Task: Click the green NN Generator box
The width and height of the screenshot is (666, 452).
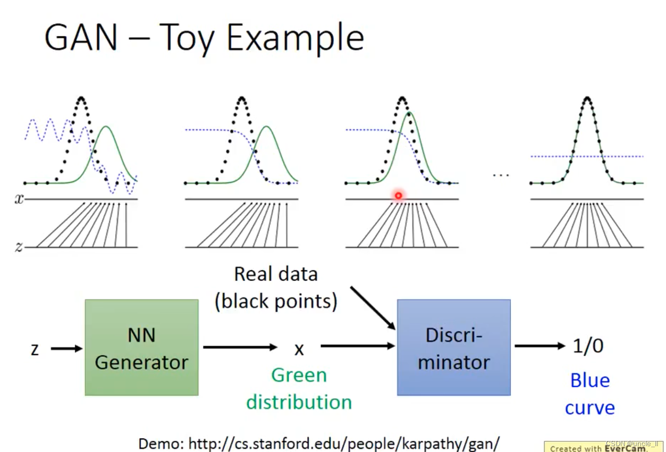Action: [141, 347]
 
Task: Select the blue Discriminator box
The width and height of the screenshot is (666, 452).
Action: [453, 347]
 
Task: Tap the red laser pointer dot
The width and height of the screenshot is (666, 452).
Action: [398, 196]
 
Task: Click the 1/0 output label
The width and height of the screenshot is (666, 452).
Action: [588, 346]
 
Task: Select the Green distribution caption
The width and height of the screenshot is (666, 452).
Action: [299, 388]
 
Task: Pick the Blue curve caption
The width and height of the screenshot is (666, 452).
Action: [589, 394]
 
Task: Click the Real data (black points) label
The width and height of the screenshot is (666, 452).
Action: [276, 288]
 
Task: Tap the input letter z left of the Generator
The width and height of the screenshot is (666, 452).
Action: [35, 349]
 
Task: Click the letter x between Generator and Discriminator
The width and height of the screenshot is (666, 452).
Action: [299, 349]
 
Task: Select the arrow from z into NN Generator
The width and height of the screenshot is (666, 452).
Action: [67, 349]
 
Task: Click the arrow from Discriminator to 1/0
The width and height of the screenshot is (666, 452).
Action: [539, 346]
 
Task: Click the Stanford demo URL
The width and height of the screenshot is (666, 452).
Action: [319, 443]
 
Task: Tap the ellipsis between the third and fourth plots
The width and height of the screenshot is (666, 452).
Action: [501, 175]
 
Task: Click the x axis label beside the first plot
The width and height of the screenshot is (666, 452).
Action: [19, 199]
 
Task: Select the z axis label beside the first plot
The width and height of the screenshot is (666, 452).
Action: [19, 247]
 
